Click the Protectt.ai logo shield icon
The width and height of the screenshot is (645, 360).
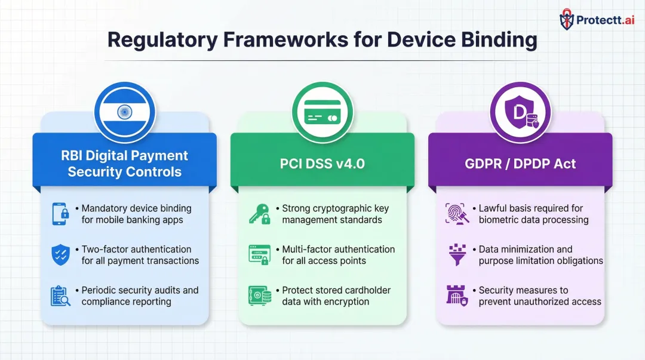[x=567, y=20]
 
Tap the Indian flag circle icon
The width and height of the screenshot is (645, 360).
[x=125, y=112]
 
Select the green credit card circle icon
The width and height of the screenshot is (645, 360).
[x=322, y=112]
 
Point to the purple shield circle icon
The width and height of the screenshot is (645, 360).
[x=520, y=112]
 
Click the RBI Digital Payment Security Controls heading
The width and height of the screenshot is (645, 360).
[x=124, y=164]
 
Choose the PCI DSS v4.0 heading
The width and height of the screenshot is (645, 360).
[x=322, y=164]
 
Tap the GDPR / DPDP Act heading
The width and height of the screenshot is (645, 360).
[x=520, y=164]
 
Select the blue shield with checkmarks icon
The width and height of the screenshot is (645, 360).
[x=60, y=255]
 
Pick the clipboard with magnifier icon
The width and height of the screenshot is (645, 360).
[x=60, y=296]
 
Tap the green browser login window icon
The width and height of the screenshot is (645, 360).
[x=259, y=255]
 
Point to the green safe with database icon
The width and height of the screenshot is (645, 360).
[x=259, y=296]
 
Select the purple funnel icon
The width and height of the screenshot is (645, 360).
[x=457, y=255]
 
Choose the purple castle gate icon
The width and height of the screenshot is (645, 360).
[x=457, y=296]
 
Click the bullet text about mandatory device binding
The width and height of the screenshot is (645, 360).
[x=136, y=214]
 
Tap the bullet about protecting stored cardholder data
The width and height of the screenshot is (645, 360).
[x=336, y=296]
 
